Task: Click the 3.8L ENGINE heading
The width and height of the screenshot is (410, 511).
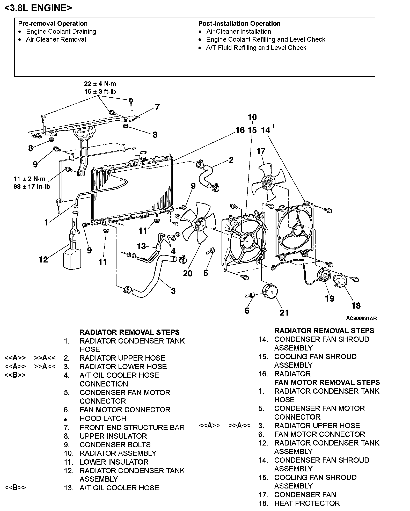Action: coord(38,8)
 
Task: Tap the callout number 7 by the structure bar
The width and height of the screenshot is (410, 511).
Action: coord(157,107)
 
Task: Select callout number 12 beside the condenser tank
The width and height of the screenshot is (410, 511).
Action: coord(43,259)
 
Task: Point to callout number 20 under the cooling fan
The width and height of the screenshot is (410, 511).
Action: coord(188,273)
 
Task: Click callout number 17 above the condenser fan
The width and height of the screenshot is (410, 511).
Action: coord(261,151)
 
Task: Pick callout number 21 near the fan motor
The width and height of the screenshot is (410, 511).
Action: coord(284,313)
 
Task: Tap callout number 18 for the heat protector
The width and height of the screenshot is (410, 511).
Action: coord(356,306)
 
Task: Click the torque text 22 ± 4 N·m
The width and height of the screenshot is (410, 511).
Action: coord(100,84)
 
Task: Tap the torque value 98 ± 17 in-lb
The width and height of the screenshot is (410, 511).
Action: coord(32,187)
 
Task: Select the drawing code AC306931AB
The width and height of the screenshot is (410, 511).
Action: coord(361,318)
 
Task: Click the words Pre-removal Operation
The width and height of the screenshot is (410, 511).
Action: coord(53,24)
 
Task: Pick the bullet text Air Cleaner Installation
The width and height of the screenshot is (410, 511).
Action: coord(238,32)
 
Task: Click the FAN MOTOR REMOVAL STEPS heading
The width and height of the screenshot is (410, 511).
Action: coord(327,382)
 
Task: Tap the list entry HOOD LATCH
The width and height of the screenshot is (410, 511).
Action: coord(103,418)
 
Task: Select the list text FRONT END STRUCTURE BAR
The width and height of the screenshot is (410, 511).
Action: coord(132,427)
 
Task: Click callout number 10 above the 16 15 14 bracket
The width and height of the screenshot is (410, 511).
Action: coord(252,117)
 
